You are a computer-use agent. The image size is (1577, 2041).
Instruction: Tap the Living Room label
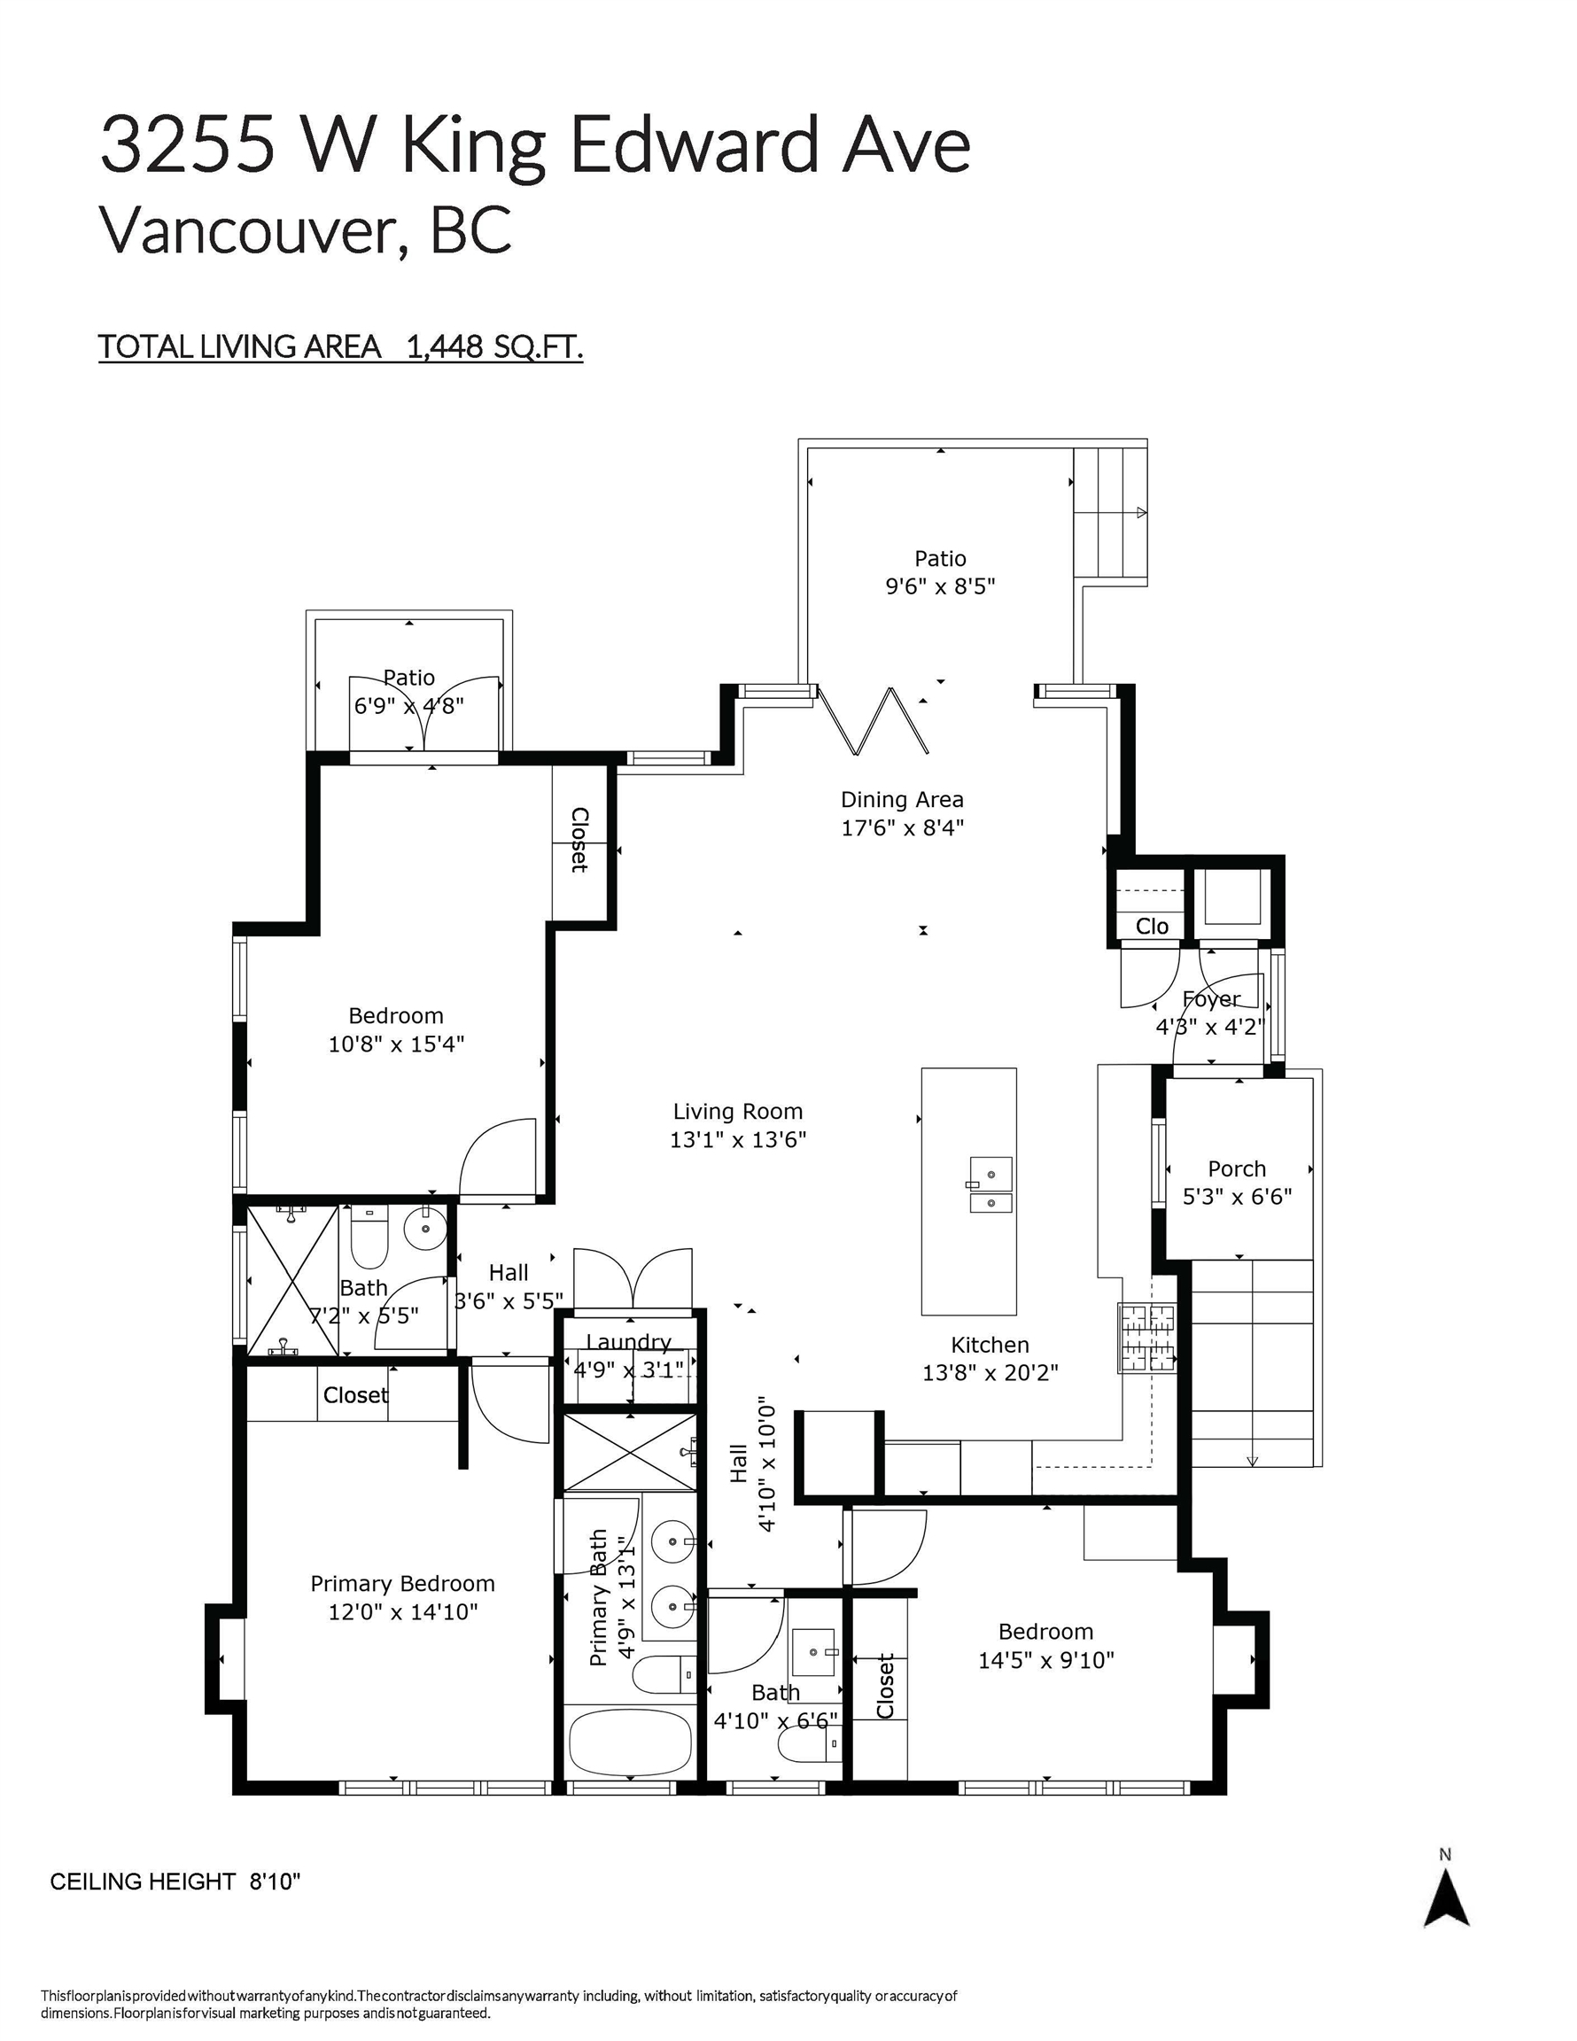tap(737, 1111)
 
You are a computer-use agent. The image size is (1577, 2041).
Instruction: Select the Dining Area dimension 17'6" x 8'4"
tap(902, 827)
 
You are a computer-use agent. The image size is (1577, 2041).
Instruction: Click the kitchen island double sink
tap(990, 1184)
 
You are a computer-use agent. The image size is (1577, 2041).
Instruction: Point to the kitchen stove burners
tap(1147, 1339)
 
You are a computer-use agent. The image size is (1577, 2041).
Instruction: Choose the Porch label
tap(1237, 1168)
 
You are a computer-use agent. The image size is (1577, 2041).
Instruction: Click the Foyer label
tap(1211, 999)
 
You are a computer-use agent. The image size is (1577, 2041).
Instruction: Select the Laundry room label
tap(629, 1342)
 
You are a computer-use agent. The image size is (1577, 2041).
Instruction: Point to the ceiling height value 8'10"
tap(275, 1882)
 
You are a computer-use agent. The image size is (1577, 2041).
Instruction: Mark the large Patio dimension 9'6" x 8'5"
tap(940, 586)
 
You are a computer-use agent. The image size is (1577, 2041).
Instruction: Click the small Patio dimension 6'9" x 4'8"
tap(408, 705)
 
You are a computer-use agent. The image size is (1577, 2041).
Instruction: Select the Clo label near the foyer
tap(1152, 926)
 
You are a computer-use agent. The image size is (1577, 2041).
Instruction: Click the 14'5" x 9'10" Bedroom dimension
tap(1046, 1660)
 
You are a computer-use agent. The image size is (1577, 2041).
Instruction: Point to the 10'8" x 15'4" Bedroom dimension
tap(395, 1044)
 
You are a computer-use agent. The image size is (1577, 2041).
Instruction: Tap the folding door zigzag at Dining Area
tap(873, 719)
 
